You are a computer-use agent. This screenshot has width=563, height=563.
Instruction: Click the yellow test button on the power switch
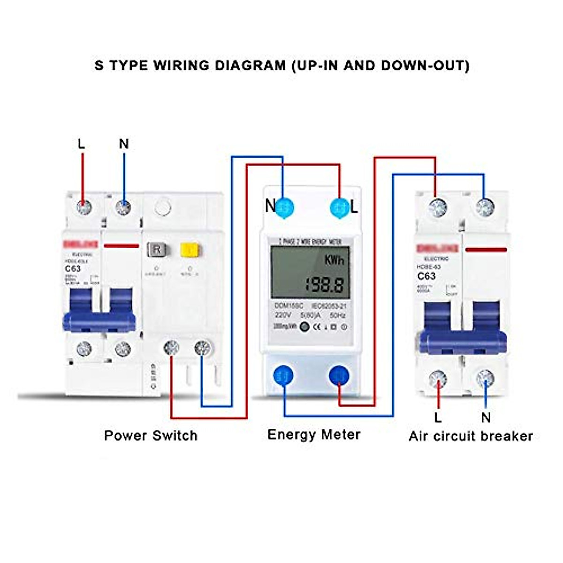coord(188,249)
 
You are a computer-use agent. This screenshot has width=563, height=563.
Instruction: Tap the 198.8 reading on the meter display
coord(324,284)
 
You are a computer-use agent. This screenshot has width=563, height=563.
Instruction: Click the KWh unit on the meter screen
coord(334,260)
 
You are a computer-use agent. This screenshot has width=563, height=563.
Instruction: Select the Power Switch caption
coord(151,435)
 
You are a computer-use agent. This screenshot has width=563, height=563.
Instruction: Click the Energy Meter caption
coord(314,434)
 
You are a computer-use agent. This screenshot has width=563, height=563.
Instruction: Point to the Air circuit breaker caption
coord(471,436)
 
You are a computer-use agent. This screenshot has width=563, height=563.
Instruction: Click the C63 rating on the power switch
coord(73,269)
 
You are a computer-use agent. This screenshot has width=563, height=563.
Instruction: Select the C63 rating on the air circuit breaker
coord(426,276)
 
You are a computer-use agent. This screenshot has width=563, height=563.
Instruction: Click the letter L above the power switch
coord(82,144)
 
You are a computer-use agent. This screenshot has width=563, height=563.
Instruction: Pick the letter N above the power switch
coord(124,144)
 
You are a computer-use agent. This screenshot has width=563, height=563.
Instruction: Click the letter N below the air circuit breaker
coord(486,417)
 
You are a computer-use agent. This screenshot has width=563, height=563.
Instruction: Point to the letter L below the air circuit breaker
coord(438,417)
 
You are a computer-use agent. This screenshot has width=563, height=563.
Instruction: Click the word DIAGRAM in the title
coord(250,65)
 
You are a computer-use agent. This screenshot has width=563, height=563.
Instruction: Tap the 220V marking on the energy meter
coord(283,315)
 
